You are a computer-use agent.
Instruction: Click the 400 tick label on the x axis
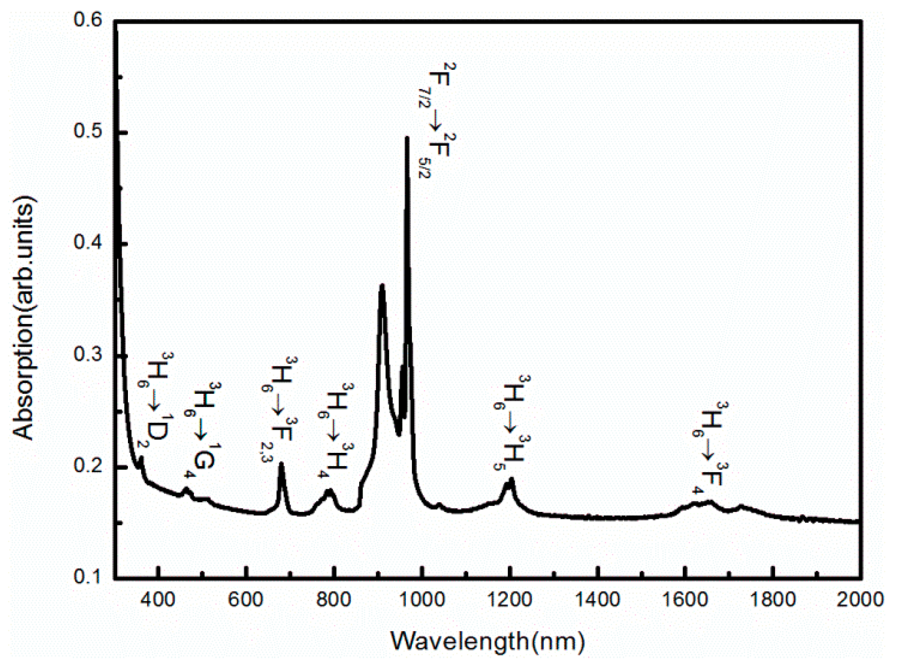coord(158,599)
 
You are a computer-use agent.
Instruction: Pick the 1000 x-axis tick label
coord(422,599)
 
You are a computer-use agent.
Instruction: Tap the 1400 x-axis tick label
coord(597,599)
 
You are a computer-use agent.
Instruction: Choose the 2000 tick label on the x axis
coord(860,599)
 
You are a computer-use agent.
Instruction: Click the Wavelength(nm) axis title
coord(488,641)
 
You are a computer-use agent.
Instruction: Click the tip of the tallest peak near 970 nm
coord(407,138)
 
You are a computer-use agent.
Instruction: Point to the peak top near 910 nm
coord(382,285)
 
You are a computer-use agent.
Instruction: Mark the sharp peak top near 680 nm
coord(281,463)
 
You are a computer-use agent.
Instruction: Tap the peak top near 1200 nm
coord(511,479)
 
